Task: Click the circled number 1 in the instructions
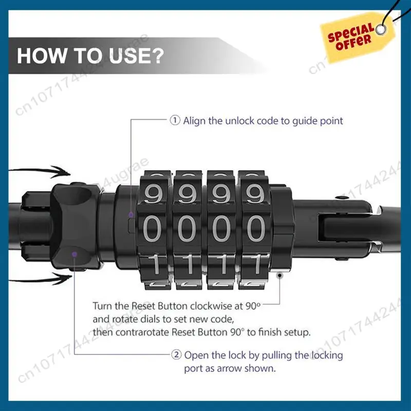pyautogui.click(x=175, y=121)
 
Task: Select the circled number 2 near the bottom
pyautogui.click(x=175, y=354)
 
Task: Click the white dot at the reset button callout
pyautogui.click(x=279, y=274)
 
